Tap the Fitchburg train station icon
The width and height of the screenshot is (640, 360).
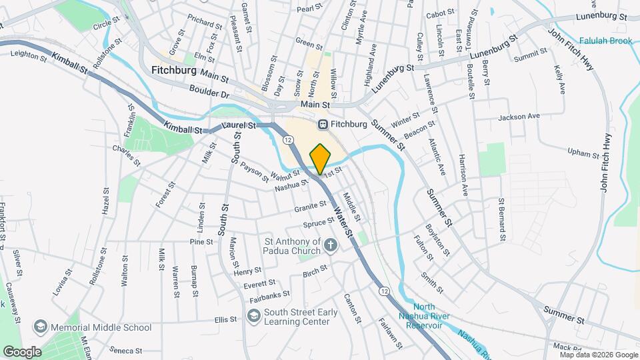click(x=323, y=124)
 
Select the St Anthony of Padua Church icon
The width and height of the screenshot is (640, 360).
click(x=330, y=247)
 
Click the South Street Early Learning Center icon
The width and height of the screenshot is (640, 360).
click(x=254, y=316)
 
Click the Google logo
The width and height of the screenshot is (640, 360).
click(x=21, y=351)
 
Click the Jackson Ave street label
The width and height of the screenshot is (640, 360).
click(x=519, y=117)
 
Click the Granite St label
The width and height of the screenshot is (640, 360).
click(x=310, y=207)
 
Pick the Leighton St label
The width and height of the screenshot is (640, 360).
click(x=29, y=58)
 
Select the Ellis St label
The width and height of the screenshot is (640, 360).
click(x=226, y=319)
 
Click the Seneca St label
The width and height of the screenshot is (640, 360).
click(x=126, y=350)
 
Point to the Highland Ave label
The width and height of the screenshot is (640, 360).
click(x=372, y=58)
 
